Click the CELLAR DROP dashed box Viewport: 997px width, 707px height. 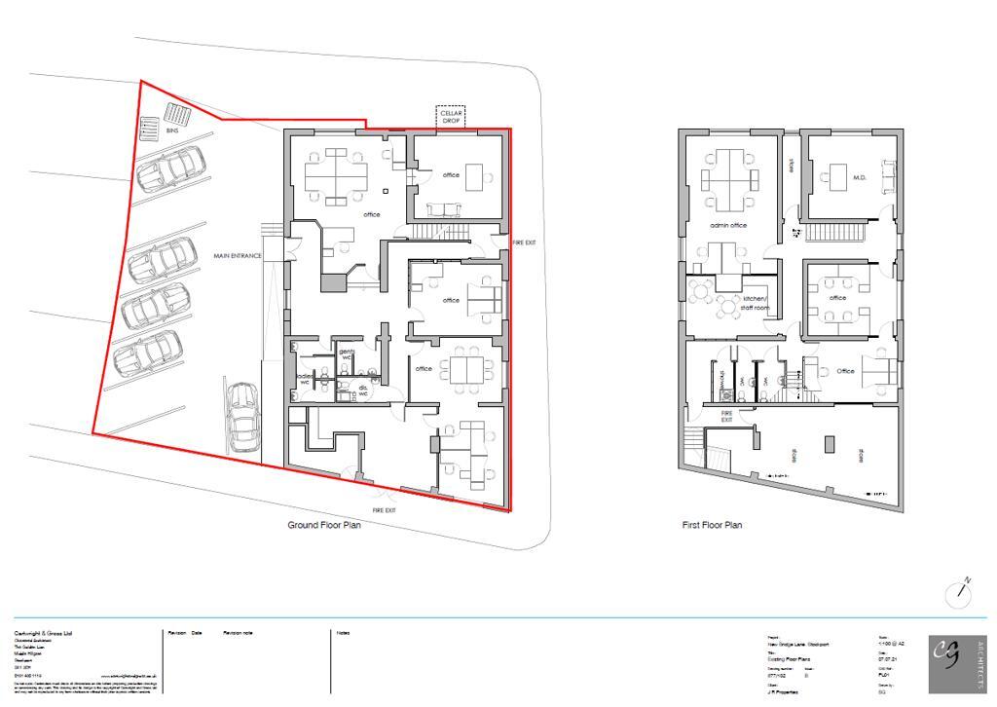coord(450,117)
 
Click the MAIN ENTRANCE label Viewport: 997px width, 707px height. coord(238,256)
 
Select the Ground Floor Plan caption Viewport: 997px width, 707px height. coord(324,525)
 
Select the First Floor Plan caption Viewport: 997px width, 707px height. coord(712,525)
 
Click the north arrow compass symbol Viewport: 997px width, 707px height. coord(960,593)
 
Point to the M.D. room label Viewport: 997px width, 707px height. coord(860,178)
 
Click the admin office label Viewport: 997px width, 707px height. coord(728,225)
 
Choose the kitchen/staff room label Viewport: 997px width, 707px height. coord(756,303)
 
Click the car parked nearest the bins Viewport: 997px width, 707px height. coord(171,168)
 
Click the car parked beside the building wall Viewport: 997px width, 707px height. coord(241,416)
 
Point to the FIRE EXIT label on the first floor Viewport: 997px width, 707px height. coord(726,416)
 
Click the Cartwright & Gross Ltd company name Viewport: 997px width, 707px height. coord(47,634)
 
